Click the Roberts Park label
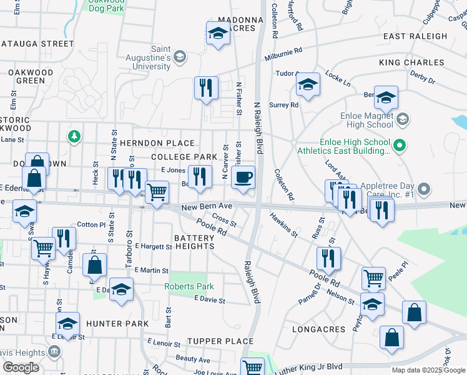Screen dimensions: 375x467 click(x=189, y=286)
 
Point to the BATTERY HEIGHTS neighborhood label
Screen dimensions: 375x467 click(x=194, y=242)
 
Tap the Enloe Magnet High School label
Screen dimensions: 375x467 click(x=366, y=119)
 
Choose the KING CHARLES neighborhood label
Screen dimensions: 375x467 click(x=411, y=63)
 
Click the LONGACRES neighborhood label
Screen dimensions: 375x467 click(x=318, y=329)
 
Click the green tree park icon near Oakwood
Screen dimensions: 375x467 click(x=74, y=135)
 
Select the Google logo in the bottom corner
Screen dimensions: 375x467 click(x=21, y=367)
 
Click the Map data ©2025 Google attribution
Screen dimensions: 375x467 click(x=428, y=370)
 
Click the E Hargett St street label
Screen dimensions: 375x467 click(x=153, y=247)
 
